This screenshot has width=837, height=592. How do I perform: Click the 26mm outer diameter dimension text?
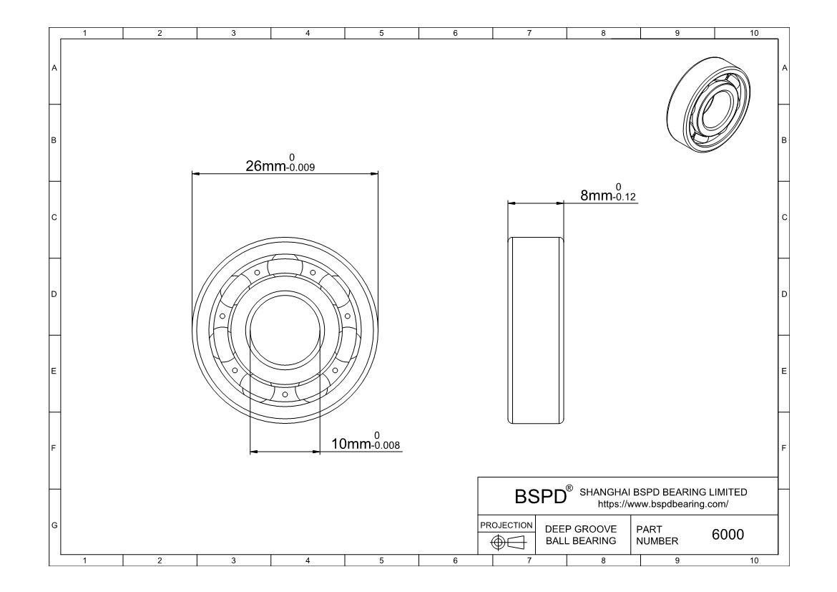click(265, 166)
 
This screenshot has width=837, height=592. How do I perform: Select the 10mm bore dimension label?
click(351, 444)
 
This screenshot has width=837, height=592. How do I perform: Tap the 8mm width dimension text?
click(596, 195)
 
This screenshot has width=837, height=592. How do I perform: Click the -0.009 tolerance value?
click(300, 168)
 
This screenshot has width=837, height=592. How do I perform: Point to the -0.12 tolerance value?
click(624, 197)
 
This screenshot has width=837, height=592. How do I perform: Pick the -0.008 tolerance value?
click(386, 445)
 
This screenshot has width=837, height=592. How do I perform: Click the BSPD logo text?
click(540, 496)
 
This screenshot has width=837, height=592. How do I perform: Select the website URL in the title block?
click(663, 504)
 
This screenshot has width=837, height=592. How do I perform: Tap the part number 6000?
click(728, 534)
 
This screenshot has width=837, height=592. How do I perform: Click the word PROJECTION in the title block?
click(506, 525)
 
